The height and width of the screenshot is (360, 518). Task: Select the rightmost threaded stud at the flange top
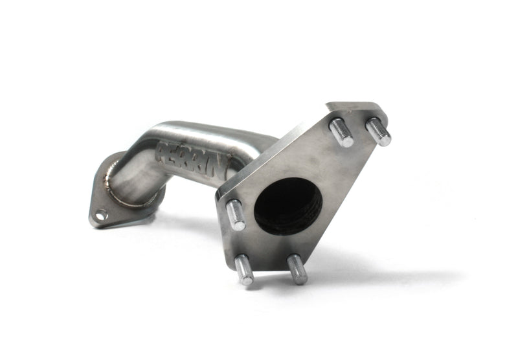(379, 132)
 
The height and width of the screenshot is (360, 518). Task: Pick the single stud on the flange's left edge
(236, 215)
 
